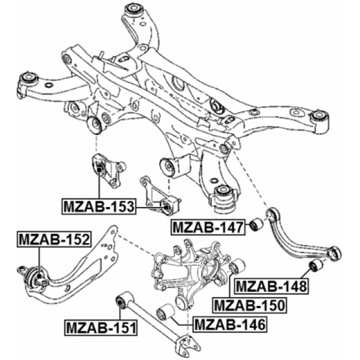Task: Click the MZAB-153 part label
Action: click(x=99, y=207)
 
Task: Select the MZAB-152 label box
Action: click(x=54, y=239)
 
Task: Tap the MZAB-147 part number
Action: click(x=208, y=227)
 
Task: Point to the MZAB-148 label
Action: click(x=271, y=286)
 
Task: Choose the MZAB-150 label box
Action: click(x=250, y=305)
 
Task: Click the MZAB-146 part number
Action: click(x=230, y=324)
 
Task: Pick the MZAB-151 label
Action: click(x=101, y=328)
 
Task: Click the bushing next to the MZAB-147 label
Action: click(x=256, y=224)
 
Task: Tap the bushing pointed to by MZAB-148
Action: click(x=316, y=265)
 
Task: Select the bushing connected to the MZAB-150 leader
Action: click(x=237, y=266)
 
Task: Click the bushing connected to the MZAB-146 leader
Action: click(x=165, y=312)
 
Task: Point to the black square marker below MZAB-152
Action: click(x=39, y=276)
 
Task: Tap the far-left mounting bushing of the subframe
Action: click(x=28, y=78)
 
